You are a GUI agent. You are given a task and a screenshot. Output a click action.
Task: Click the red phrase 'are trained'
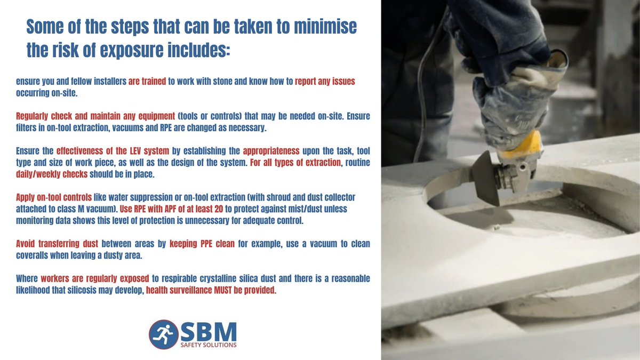148,82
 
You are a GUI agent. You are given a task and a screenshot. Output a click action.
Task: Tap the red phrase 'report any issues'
325,82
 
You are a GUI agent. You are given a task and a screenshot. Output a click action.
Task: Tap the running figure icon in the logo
161,334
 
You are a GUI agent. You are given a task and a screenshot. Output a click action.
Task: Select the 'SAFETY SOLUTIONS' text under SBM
208,345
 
